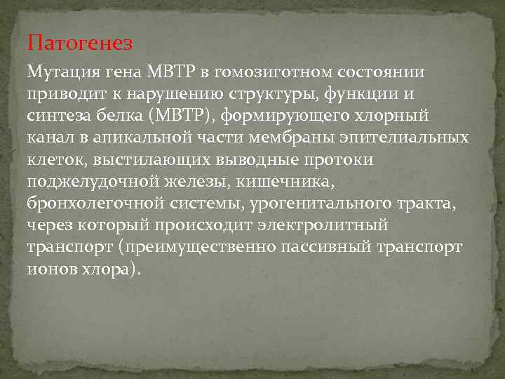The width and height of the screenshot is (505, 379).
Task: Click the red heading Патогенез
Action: click(79, 44)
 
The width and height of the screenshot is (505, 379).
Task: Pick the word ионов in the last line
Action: click(50, 270)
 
